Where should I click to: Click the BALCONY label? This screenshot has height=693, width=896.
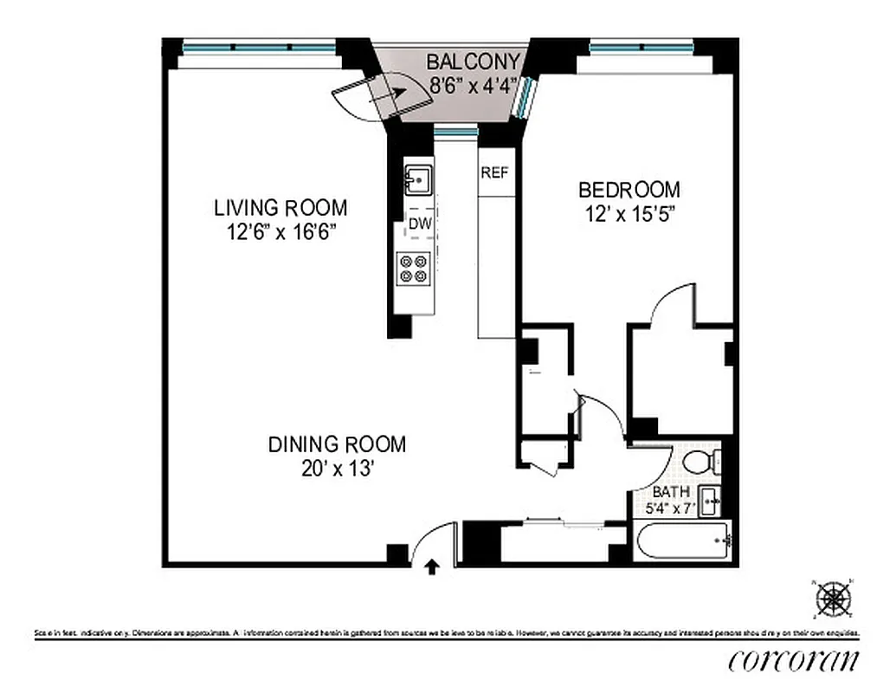474,62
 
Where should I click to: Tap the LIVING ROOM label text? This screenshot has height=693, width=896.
280,208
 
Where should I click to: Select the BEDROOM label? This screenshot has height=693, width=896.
629,189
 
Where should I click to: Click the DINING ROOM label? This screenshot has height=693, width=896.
337,444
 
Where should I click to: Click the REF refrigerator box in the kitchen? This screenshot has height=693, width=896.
494,172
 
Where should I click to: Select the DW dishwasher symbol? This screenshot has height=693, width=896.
420,224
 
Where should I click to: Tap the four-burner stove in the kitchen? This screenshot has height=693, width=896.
413,268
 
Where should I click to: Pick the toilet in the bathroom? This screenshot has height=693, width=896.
701,461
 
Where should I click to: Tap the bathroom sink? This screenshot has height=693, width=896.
711,499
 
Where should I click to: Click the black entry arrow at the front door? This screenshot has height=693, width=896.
433,567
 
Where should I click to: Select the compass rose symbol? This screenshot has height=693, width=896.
834,597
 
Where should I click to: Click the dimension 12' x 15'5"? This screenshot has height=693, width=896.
629,213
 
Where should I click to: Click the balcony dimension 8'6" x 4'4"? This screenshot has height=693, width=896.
474,85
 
